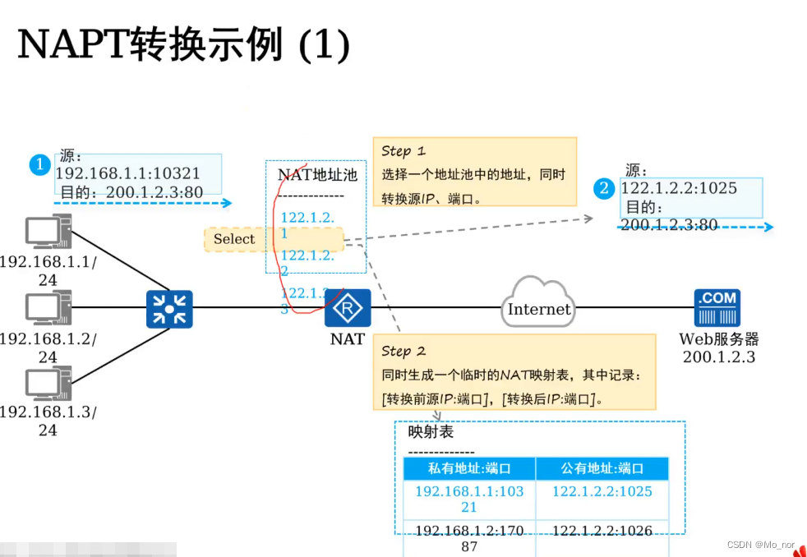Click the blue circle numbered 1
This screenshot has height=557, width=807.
click(x=39, y=164)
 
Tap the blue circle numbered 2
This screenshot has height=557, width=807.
click(x=605, y=188)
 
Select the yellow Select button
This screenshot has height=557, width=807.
click(x=234, y=239)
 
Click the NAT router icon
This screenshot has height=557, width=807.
click(x=348, y=309)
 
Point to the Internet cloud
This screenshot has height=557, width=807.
click(x=538, y=308)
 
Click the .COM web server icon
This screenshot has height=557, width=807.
click(x=717, y=308)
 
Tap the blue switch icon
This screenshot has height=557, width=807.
click(x=169, y=309)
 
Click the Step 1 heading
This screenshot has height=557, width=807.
click(x=403, y=151)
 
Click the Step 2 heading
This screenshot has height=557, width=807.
click(x=403, y=352)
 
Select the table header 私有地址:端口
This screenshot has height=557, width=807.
click(x=469, y=468)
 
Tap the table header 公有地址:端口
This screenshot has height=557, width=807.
click(x=602, y=468)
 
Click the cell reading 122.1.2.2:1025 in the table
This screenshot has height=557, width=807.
click(x=602, y=491)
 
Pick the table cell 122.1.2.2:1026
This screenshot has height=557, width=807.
click(x=602, y=532)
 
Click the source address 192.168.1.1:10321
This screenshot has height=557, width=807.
click(x=127, y=173)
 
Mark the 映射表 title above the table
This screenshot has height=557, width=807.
click(x=431, y=432)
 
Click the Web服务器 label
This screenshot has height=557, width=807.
click(x=718, y=338)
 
